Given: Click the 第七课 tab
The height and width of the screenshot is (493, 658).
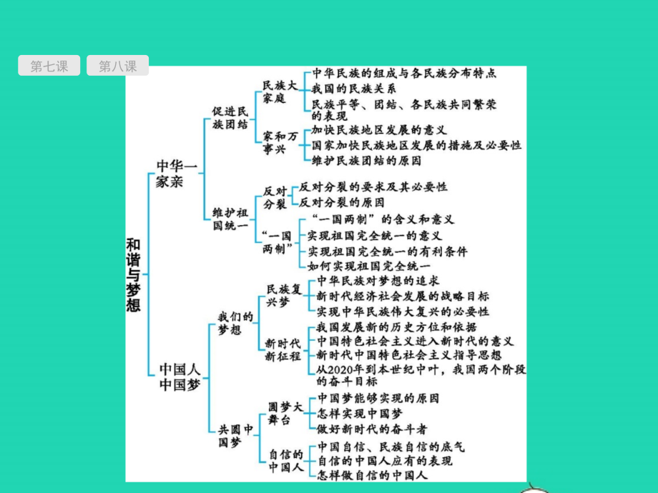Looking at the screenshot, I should pyautogui.click(x=49, y=66).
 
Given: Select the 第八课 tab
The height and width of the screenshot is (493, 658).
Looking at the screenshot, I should pyautogui.click(x=117, y=66).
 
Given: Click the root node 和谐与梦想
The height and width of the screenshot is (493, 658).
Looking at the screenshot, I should pyautogui.click(x=133, y=274).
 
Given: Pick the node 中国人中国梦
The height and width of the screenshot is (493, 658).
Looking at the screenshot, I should pyautogui.click(x=180, y=377).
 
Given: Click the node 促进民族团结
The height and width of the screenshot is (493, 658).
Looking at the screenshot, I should pyautogui.click(x=230, y=117).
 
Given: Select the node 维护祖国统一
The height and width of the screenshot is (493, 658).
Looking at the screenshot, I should pyautogui.click(x=230, y=219).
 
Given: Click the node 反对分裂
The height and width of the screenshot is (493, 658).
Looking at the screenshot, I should pyautogui.click(x=275, y=197).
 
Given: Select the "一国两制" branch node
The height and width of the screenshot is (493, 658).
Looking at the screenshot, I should pyautogui.click(x=278, y=242).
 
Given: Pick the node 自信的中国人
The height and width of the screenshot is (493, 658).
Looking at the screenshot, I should pyautogui.click(x=285, y=462).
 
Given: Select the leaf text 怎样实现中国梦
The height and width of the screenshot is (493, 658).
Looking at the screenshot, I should pyautogui.click(x=360, y=413).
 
